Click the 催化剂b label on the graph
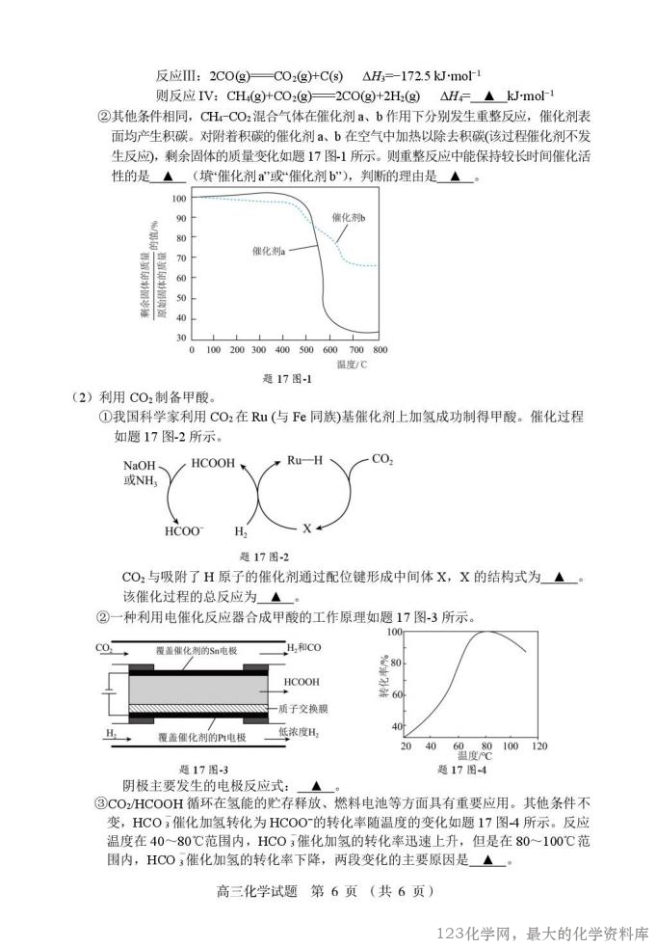pos(349,218)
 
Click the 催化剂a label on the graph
pos(269,250)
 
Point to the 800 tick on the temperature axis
pos(380,349)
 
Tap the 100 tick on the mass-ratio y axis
pos(178,199)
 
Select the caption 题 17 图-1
pos(286,378)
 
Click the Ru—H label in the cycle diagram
pos(304,461)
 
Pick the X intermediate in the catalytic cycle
pos(307,528)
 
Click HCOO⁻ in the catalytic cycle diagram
pos(184,531)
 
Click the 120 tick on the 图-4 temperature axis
pos(539,746)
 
